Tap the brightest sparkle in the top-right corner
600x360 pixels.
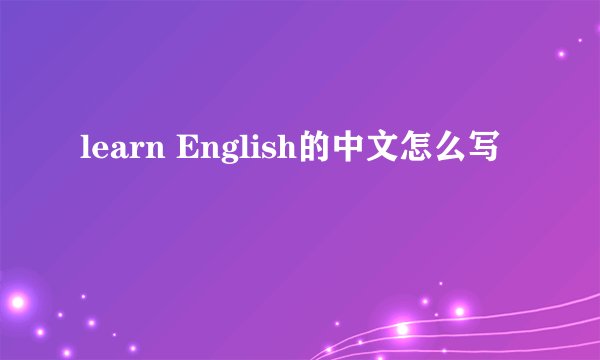pyautogui.click(x=563, y=53)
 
